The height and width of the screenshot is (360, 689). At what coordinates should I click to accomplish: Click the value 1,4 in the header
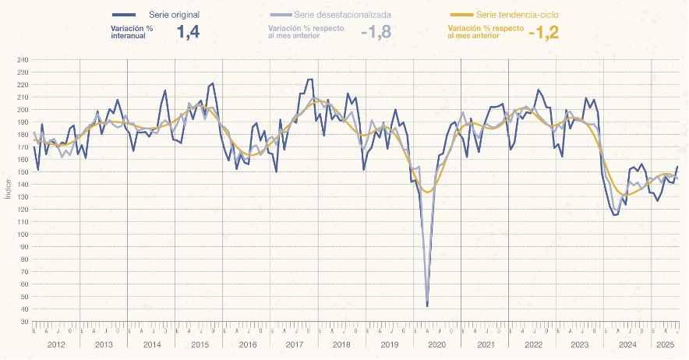(x=189, y=32)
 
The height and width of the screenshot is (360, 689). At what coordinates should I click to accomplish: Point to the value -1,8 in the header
(x=375, y=33)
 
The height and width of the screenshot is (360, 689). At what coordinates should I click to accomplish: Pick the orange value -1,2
(x=543, y=33)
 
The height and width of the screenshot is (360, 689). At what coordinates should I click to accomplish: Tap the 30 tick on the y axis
(x=23, y=322)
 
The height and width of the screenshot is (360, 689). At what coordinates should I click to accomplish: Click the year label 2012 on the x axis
(x=55, y=344)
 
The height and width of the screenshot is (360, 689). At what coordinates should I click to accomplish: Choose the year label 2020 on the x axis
(x=436, y=344)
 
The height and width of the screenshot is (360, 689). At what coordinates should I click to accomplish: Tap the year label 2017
(x=294, y=344)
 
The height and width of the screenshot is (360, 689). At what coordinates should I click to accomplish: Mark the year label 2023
(x=579, y=344)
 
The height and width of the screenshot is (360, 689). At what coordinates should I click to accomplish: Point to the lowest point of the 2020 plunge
(x=427, y=306)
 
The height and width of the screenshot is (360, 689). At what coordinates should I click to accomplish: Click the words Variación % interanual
(x=132, y=32)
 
